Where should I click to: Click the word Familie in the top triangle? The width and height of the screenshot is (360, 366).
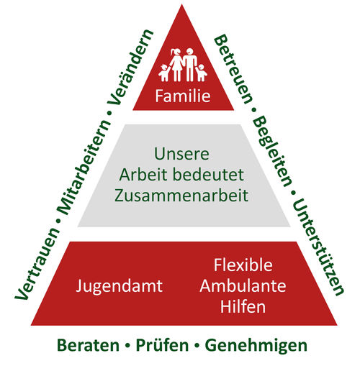[183, 96]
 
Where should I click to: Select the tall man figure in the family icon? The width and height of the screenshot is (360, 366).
[190, 64]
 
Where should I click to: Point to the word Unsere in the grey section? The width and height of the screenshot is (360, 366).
[181, 154]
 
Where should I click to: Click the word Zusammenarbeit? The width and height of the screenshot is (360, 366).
[181, 196]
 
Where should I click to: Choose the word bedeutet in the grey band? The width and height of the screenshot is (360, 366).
[208, 175]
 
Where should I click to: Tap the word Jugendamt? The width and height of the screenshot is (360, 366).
[120, 286]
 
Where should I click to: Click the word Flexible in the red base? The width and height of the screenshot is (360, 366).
[243, 265]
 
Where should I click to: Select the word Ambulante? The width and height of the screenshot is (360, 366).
[243, 286]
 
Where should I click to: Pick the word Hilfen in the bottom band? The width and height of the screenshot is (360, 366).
[243, 306]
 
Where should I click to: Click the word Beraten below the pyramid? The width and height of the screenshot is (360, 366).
[88, 346]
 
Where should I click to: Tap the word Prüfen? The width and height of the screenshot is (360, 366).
[162, 345]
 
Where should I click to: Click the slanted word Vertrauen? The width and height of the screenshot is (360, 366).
[37, 264]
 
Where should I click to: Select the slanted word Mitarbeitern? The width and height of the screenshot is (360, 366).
[84, 168]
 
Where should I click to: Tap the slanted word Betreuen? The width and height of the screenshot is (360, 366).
[233, 69]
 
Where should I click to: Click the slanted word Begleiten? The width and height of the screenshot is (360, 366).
[273, 152]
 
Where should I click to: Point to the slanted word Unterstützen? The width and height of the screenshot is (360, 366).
[318, 247]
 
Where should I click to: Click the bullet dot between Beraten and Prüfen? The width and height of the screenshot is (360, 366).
[127, 346]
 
